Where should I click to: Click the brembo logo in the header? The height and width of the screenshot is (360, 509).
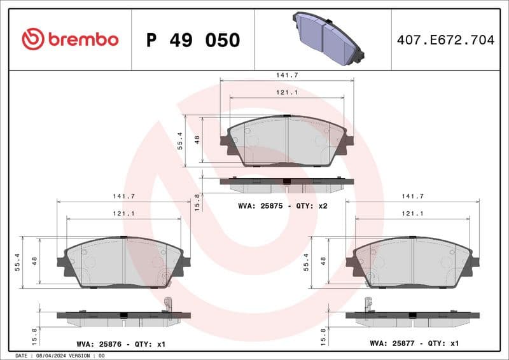[70, 39]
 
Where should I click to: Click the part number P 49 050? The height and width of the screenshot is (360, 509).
[193, 40]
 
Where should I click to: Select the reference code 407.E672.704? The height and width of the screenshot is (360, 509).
[445, 40]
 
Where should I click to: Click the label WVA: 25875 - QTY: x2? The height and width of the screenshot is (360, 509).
[282, 206]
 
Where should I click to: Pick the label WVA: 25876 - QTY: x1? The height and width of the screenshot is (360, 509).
[121, 344]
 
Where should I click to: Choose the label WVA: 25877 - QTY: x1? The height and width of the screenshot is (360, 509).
[414, 343]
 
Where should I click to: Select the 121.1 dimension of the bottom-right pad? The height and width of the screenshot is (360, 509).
[413, 214]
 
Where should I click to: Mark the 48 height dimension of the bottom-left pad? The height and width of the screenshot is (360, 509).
[35, 261]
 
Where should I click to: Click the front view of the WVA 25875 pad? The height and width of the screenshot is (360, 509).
[287, 141]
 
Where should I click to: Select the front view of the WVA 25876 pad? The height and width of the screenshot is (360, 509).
[123, 262]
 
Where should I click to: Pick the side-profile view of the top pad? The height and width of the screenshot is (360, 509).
[286, 184]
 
